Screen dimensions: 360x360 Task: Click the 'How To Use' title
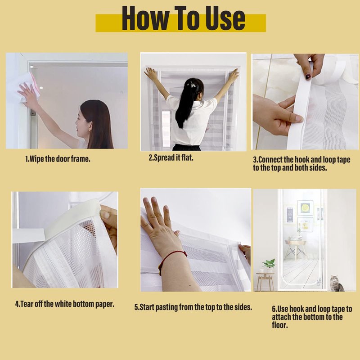tap(183, 18)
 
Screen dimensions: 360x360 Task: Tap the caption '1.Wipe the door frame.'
tap(58, 159)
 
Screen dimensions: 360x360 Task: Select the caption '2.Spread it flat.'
tap(171, 158)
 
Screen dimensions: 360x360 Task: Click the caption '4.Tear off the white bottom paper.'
tap(65, 304)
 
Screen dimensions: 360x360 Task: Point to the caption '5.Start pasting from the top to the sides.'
tap(193, 307)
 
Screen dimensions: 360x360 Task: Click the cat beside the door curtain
tap(337, 283)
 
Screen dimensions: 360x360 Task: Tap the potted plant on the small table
tap(269, 265)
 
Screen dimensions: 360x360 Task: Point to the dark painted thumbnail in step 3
tap(308, 76)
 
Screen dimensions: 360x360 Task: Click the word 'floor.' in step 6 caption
tap(280, 325)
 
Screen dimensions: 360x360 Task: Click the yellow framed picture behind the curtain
tap(305, 207)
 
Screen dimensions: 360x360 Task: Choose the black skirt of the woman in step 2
tap(186, 147)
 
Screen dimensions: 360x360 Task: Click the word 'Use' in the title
tap(225, 18)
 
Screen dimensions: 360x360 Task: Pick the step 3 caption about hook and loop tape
tap(301, 164)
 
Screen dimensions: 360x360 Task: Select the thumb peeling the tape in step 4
tap(106, 214)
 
